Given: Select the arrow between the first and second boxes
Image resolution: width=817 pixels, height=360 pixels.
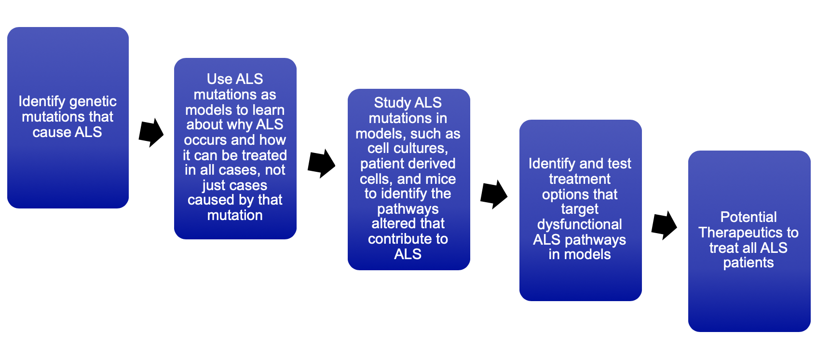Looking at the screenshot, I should click(x=151, y=132).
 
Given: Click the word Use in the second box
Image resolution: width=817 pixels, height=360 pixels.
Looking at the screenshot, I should click(x=219, y=79).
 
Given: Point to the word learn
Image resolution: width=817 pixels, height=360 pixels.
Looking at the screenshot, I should click(x=269, y=110).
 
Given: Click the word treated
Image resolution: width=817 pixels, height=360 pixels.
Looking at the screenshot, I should click(x=264, y=155).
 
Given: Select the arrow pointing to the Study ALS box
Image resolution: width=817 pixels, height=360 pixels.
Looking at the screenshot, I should click(x=321, y=164).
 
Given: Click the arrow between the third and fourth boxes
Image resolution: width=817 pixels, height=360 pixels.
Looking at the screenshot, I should click(x=494, y=194).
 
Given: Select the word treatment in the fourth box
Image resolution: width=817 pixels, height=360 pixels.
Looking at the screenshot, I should click(x=580, y=179).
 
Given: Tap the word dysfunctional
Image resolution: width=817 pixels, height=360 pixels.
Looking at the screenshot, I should click(x=580, y=224).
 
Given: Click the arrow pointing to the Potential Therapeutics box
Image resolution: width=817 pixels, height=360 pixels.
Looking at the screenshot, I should click(x=664, y=225).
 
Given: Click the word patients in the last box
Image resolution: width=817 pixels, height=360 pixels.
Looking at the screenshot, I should click(x=749, y=263).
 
